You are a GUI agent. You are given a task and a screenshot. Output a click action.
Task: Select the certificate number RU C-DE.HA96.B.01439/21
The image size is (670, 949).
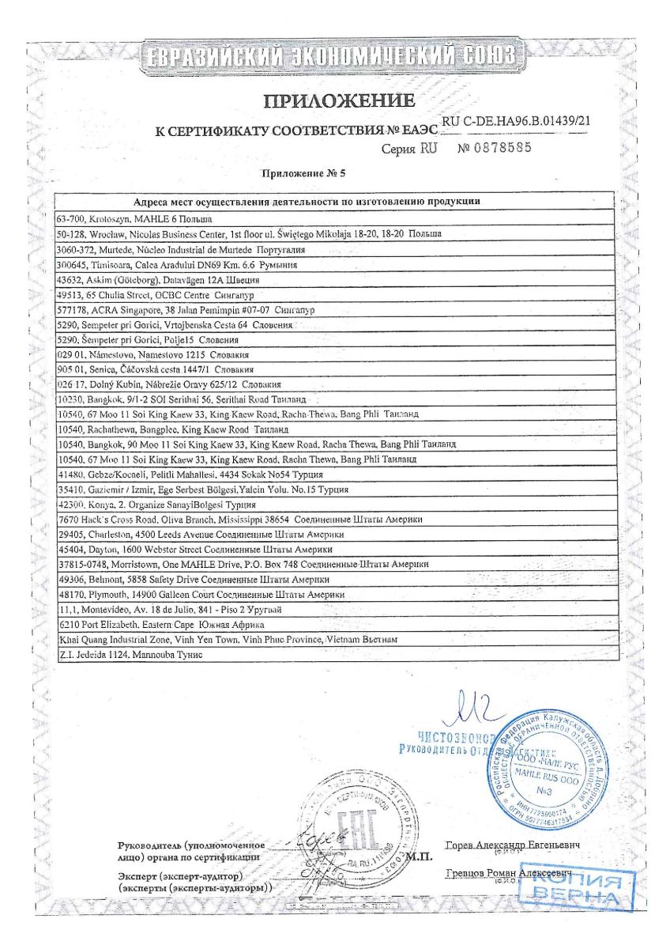[518, 122]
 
